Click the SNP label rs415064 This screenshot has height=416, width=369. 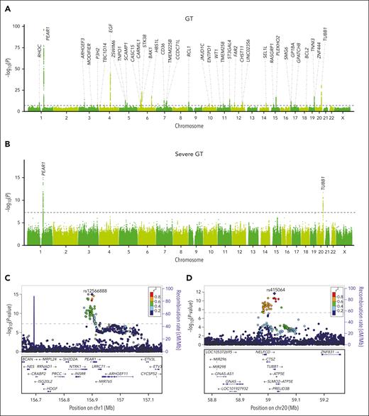coord(275,290)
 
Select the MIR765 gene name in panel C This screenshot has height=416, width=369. coord(106,382)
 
